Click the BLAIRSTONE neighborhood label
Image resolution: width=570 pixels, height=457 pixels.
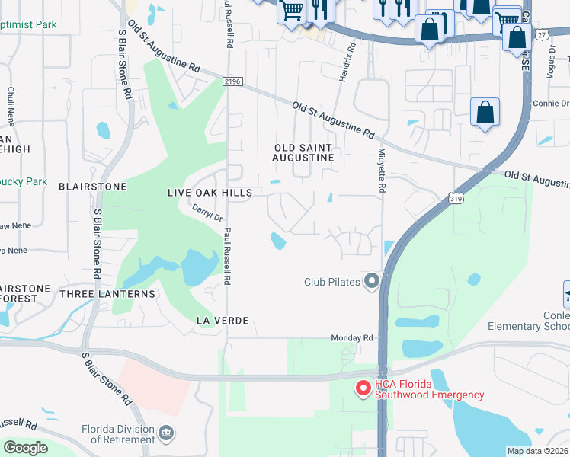click(x=92, y=186)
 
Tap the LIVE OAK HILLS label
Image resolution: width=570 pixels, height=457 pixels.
click(x=210, y=193)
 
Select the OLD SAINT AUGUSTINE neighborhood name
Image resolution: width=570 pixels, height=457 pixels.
click(x=303, y=152)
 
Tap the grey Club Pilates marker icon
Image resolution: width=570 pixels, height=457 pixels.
click(x=372, y=282)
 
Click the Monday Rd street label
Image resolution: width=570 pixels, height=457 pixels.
click(x=351, y=337)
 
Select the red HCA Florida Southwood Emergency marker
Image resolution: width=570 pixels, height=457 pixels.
click(x=363, y=388)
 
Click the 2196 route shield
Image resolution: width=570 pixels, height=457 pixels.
click(x=232, y=81)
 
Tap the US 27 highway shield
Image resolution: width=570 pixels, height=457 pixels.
click(x=541, y=35)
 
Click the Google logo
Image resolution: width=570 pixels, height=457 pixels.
click(x=25, y=448)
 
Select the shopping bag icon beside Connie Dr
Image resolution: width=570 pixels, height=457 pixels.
click(x=485, y=113)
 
